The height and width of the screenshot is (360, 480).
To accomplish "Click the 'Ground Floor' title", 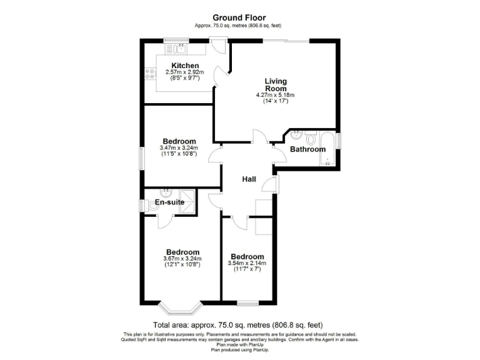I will click(x=239, y=17).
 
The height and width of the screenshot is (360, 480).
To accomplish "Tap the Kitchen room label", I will click(x=185, y=66).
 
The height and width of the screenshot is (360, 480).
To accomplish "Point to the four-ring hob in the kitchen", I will click(x=151, y=74).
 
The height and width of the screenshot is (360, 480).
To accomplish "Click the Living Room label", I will click(x=275, y=84).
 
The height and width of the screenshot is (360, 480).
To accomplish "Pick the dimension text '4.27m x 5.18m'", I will click(x=275, y=95).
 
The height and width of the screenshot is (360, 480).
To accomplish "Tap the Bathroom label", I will click(x=307, y=149).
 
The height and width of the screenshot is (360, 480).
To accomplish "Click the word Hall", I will click(x=249, y=179).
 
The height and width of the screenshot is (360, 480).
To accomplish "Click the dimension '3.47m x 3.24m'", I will click(x=179, y=147).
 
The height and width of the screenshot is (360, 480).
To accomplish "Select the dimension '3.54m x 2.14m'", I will click(x=247, y=263).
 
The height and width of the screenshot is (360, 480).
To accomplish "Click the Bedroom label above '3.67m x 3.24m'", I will click(x=182, y=252).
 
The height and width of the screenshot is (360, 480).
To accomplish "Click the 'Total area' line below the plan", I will click(x=239, y=325).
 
